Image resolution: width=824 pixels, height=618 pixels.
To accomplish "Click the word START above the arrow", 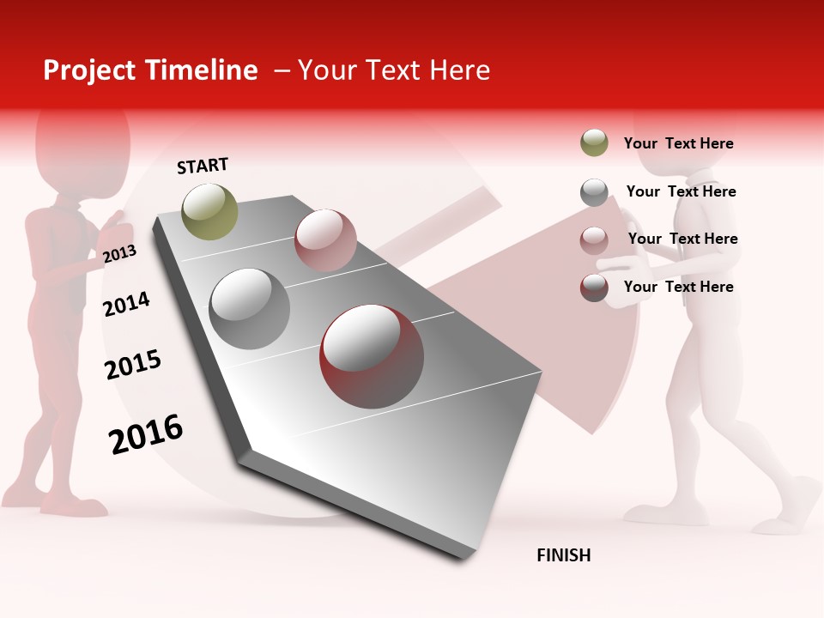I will (x=203, y=166).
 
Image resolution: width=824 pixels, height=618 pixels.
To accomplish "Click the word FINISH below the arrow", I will (x=564, y=555).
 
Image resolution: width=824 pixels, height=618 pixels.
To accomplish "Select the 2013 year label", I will (x=119, y=253).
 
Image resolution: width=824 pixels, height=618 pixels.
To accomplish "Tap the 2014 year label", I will (x=126, y=304).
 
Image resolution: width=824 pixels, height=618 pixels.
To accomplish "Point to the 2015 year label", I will (x=133, y=365).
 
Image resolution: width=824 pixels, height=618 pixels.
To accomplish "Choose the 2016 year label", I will (x=146, y=433).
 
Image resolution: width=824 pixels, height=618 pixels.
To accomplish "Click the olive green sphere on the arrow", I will (x=209, y=211).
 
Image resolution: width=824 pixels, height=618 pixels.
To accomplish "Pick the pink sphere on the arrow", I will (x=325, y=239).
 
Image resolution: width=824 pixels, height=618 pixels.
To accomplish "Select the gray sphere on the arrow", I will (x=250, y=309).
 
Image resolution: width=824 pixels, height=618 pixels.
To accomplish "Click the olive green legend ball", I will (x=594, y=143).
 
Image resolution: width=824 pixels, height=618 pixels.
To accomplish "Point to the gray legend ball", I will (x=594, y=192).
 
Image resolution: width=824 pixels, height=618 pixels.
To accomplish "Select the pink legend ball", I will (x=594, y=239).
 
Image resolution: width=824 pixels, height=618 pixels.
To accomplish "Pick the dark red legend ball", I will (x=594, y=288).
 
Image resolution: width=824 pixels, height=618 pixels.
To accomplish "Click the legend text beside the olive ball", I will (x=678, y=143).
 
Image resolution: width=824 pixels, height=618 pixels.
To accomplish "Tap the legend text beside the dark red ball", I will (x=678, y=287).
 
